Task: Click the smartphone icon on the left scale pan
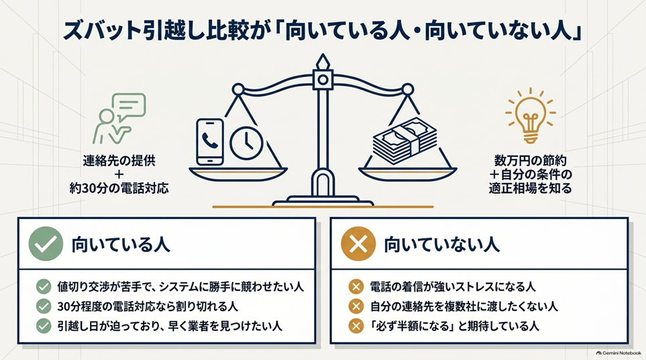pos(210,142)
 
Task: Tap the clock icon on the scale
pos(246,143)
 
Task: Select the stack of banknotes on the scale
pos(404,141)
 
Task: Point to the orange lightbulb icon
pos(530,116)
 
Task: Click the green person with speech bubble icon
pos(119,119)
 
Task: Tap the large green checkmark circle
pos(46,244)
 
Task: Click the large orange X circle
pos(358,244)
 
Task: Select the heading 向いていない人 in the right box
pos(441,244)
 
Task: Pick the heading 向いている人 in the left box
pos(121,244)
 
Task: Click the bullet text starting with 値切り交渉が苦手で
pos(180,287)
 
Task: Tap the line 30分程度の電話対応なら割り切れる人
pos(148,306)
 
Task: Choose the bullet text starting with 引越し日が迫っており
pos(170,326)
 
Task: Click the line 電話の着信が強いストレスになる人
pos(452,287)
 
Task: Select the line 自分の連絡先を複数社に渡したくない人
pos(464,306)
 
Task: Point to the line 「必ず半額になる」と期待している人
pos(454,326)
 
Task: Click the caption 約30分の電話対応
pos(119,188)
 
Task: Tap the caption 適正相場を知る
pos(530,188)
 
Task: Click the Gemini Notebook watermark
pos(618,353)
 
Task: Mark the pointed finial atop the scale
pos(323,62)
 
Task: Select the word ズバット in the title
pos(97,32)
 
